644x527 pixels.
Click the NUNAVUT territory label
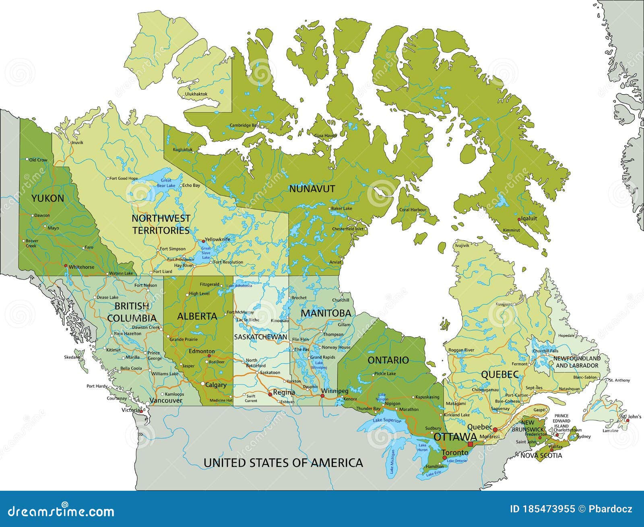click(312, 189)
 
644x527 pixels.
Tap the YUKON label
click(47, 198)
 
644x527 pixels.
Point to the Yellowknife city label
click(217, 239)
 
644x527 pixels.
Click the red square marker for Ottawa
click(470, 444)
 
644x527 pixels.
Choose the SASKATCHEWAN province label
click(261, 337)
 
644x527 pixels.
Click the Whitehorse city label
click(81, 267)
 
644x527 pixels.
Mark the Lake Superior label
click(387, 421)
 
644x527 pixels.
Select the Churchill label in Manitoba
click(341, 300)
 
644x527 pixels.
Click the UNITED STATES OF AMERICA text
click(283, 463)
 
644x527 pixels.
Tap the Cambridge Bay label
click(244, 125)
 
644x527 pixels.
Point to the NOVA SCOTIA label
click(541, 456)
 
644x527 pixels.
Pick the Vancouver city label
click(166, 400)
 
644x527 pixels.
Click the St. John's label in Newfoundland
click(630, 416)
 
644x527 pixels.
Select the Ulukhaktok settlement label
click(196, 94)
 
